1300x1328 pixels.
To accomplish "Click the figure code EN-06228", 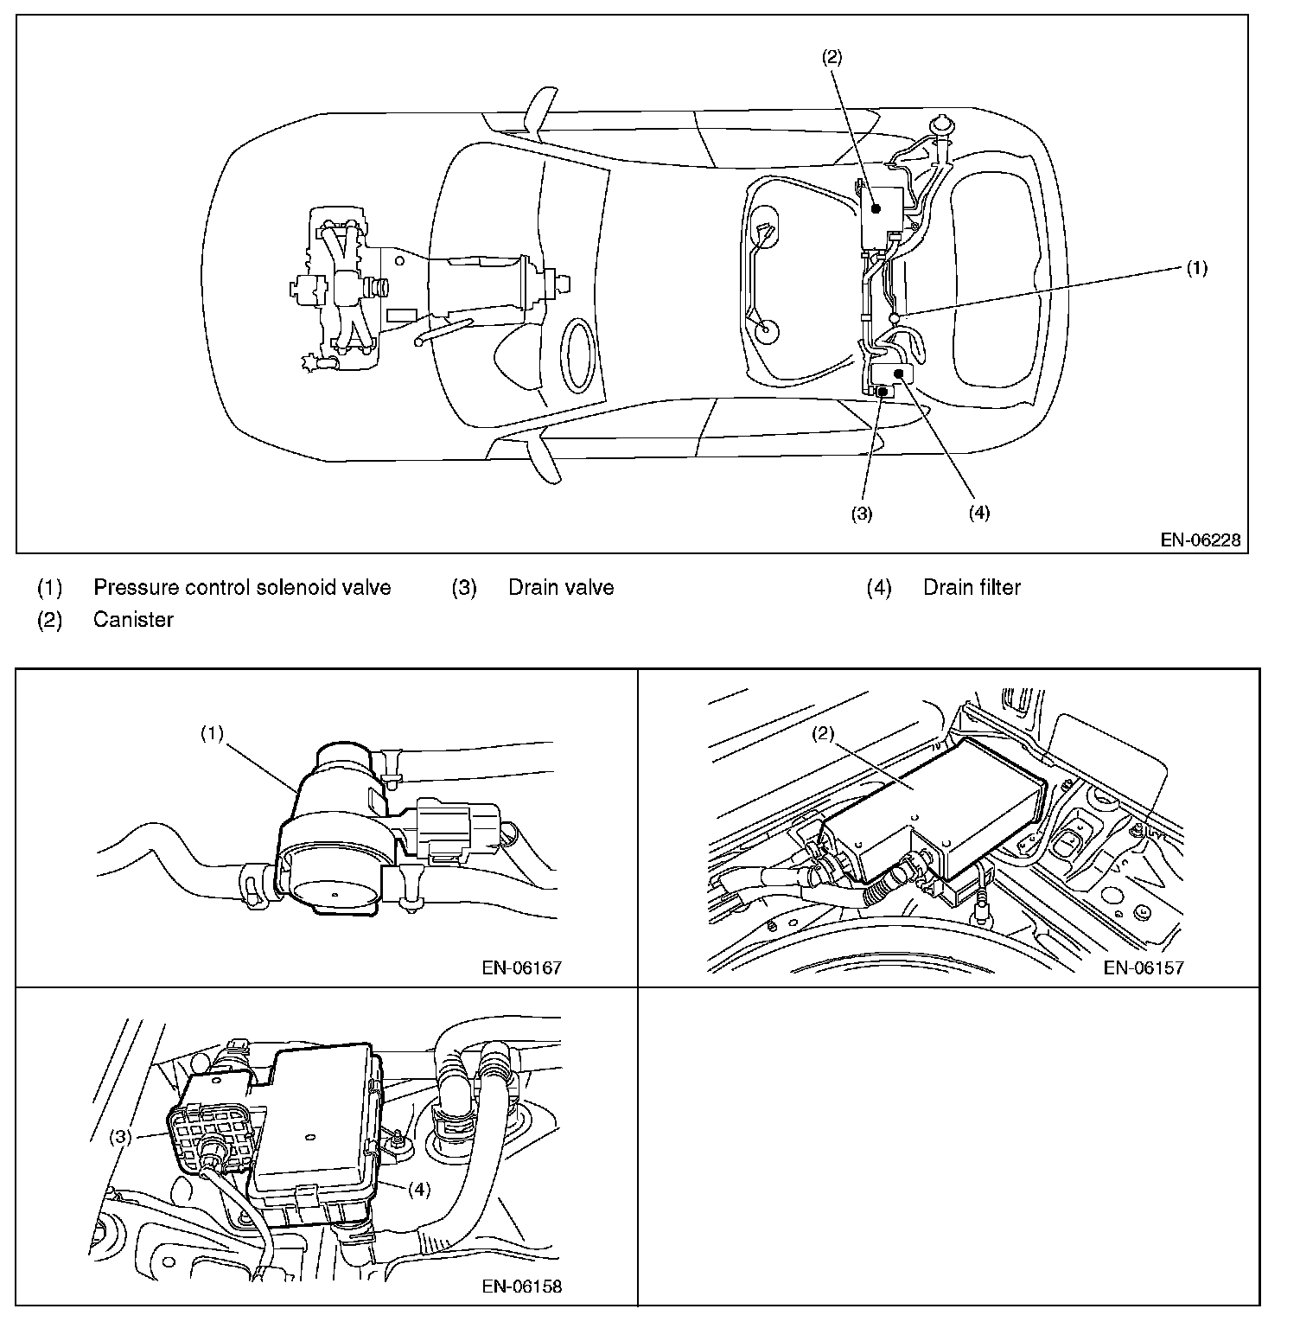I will tap(1201, 540).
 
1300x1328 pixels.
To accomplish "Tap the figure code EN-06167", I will tap(521, 967).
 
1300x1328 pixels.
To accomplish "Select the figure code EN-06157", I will tap(1143, 967).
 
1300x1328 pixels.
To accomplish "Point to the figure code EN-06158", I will tap(521, 1286).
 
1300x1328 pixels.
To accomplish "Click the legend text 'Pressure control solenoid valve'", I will tap(242, 588).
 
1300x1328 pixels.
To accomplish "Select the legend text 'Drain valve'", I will tap(561, 588).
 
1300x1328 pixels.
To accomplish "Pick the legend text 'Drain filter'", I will tap(972, 588).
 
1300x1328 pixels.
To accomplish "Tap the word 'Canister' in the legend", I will tap(133, 620).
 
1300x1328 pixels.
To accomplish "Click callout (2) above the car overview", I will tap(831, 57).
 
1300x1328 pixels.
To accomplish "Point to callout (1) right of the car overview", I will tap(1195, 268).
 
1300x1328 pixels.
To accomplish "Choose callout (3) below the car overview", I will tap(861, 513).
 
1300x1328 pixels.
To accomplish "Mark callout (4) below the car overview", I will tap(978, 513).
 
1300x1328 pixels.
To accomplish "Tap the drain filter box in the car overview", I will tap(891, 373).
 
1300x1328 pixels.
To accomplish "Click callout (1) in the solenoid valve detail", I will tap(212, 734).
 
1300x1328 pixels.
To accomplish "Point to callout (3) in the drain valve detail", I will tap(120, 1137).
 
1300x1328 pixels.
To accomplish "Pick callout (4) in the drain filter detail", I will tap(417, 1189).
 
